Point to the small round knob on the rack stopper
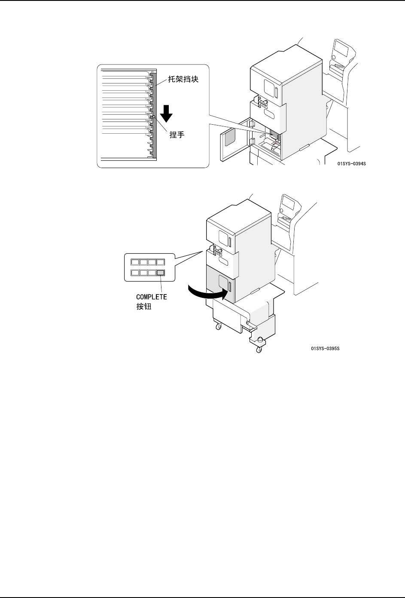tap(153, 116)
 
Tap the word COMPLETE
tap(152, 297)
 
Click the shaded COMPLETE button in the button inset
tap(161, 272)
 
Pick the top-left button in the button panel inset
tap(134, 261)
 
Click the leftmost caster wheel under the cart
tap(218, 327)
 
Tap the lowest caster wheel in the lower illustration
tap(259, 350)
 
